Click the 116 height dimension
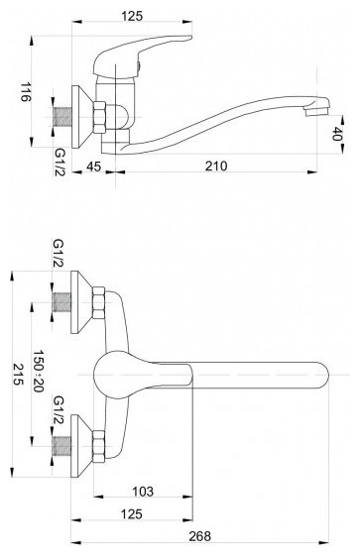click(25, 92)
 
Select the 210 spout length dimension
click(216, 166)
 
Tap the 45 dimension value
click(94, 166)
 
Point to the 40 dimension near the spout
click(337, 134)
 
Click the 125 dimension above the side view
click(132, 16)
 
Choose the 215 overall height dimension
click(18, 375)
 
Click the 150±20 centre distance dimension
click(38, 372)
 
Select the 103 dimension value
click(143, 492)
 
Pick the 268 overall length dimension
click(199, 536)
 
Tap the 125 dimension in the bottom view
click(132, 513)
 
